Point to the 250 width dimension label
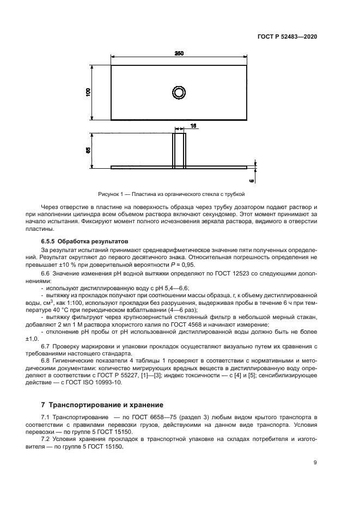(179, 53)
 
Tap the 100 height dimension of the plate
(88, 93)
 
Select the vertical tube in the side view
(179, 150)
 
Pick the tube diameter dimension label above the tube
(193, 126)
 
